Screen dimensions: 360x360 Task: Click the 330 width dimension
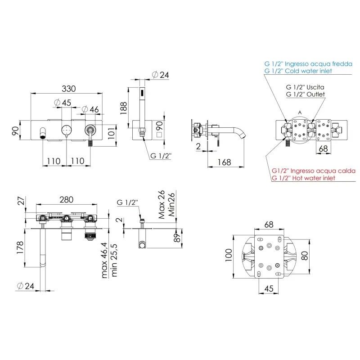click(69, 89)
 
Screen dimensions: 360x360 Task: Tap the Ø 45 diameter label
click(63, 103)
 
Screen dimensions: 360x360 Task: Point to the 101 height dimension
click(111, 134)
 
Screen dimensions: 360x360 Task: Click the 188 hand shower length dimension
click(123, 108)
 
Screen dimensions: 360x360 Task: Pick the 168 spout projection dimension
click(224, 162)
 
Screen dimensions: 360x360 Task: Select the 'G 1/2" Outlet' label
click(306, 94)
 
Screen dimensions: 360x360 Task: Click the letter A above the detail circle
click(300, 112)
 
